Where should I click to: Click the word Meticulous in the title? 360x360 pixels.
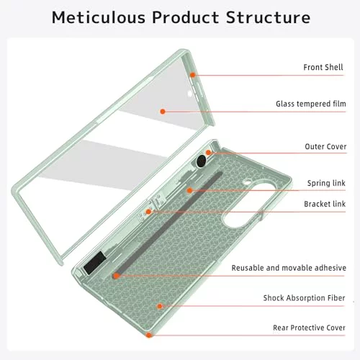[x=99, y=17]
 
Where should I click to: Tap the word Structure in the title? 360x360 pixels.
[x=268, y=17]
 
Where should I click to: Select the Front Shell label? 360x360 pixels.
[x=323, y=67]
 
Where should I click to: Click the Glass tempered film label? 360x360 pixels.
[x=311, y=104]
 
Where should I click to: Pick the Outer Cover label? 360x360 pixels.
[x=325, y=146]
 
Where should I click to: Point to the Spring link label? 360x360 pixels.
[x=326, y=183]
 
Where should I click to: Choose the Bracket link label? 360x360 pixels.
[x=325, y=204]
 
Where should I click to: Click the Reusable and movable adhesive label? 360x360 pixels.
[x=289, y=268]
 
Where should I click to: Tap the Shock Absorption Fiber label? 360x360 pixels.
[x=304, y=298]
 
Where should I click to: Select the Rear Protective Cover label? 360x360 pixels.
[x=309, y=328]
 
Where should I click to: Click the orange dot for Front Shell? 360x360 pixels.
[x=192, y=75]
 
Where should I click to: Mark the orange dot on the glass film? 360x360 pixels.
[x=163, y=112]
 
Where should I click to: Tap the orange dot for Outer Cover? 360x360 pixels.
[x=208, y=153]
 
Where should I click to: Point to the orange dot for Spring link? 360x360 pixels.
[x=189, y=190]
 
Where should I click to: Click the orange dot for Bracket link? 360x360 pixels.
[x=148, y=212]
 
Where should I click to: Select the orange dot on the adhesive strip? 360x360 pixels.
[x=116, y=276]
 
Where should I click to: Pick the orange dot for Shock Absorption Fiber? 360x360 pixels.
[x=160, y=306]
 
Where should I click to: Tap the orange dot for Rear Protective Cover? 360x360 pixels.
[x=149, y=335]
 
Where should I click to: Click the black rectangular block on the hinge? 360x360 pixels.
[x=94, y=263]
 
